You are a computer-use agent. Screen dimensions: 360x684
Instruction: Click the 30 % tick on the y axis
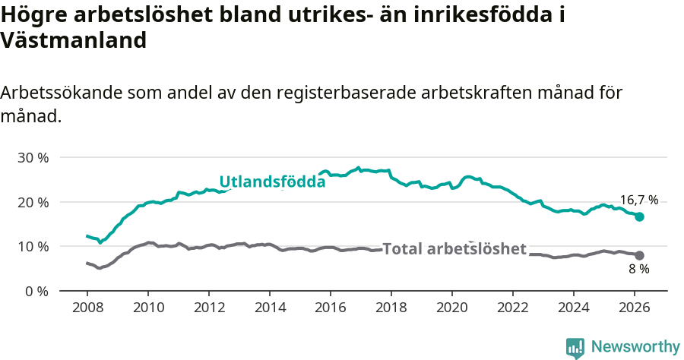(x=33, y=158)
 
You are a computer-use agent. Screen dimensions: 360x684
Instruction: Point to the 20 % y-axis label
(x=33, y=202)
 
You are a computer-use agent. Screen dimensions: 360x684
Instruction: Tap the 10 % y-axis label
(x=33, y=247)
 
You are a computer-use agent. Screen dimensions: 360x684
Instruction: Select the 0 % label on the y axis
(x=36, y=291)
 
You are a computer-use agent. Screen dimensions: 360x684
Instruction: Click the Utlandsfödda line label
(x=272, y=182)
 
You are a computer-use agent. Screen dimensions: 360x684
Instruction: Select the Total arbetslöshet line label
(x=454, y=249)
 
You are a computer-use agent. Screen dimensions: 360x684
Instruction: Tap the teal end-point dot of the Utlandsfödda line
(x=639, y=216)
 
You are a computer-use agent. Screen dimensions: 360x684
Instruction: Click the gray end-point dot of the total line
(x=639, y=255)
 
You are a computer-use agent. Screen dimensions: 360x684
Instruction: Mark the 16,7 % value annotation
(x=639, y=201)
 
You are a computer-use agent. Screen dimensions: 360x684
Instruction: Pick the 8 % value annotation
(x=638, y=270)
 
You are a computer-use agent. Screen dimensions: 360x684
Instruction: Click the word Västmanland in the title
(x=73, y=40)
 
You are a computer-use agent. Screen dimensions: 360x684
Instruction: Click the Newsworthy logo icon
(x=575, y=347)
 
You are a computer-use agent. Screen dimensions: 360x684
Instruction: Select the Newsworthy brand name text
(x=635, y=347)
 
